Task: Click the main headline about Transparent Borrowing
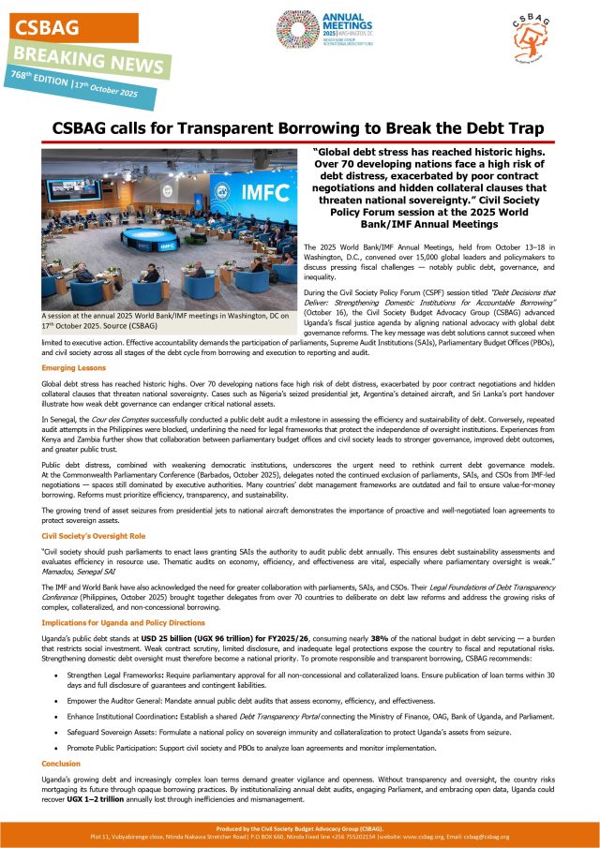(x=299, y=129)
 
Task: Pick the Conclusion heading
(x=62, y=763)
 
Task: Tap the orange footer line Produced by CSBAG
(x=299, y=830)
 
